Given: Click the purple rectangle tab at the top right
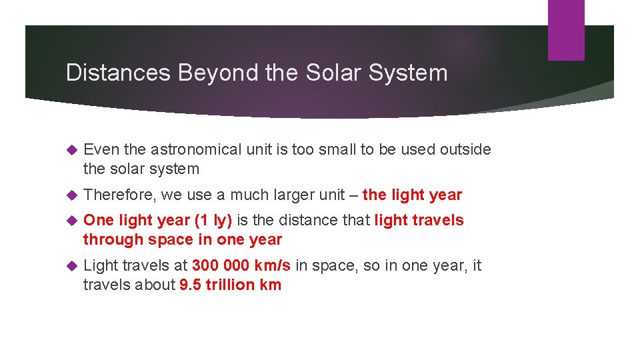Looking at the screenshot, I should [x=565, y=30].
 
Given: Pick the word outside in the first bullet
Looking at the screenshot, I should [x=465, y=149].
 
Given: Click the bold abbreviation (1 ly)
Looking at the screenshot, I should [x=212, y=220].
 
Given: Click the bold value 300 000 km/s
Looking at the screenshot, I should [x=241, y=265].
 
